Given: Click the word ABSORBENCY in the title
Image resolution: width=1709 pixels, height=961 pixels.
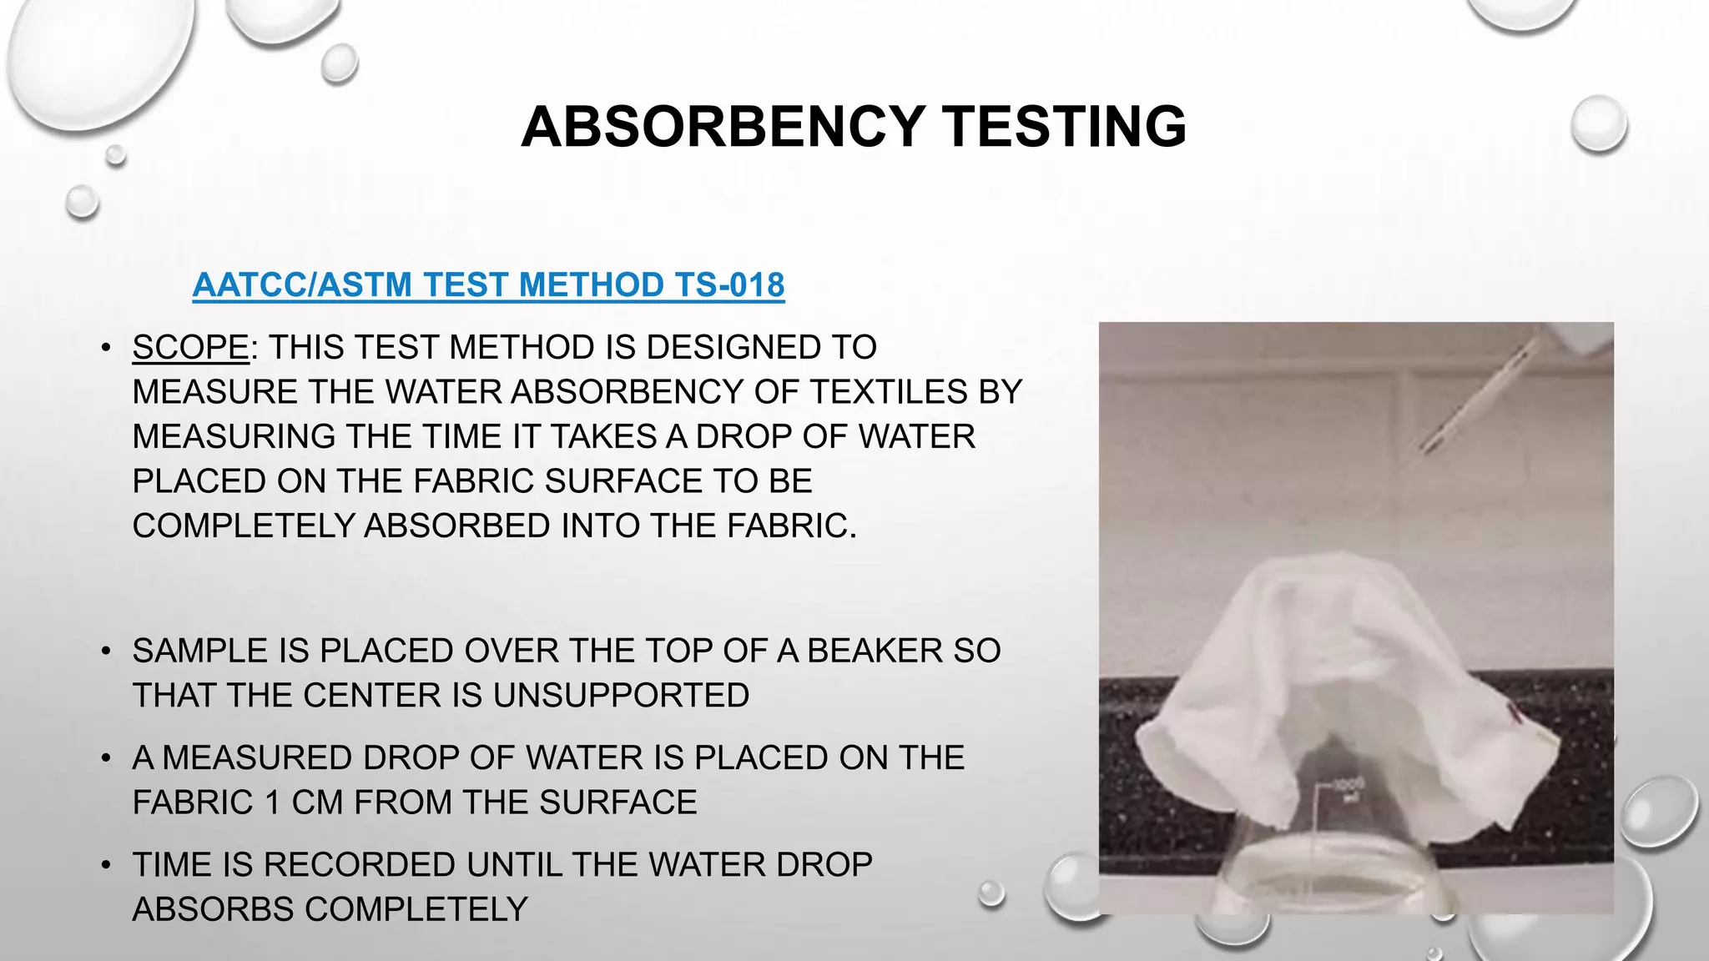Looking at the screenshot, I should click(x=722, y=127).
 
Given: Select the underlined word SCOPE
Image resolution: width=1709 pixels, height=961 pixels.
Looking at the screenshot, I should click(x=190, y=347).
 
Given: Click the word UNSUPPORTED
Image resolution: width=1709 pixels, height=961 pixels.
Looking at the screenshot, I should click(x=621, y=696).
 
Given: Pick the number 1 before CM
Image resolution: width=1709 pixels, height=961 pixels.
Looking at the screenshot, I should click(x=272, y=803).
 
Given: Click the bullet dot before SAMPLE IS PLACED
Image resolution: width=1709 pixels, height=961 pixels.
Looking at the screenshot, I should click(x=105, y=651).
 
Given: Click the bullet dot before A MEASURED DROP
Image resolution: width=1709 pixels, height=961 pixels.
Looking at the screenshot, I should click(x=105, y=758).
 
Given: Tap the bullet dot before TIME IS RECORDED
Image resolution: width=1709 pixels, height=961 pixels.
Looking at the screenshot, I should click(x=105, y=865).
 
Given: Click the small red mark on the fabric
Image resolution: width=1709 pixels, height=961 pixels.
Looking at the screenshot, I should click(x=1511, y=711).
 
